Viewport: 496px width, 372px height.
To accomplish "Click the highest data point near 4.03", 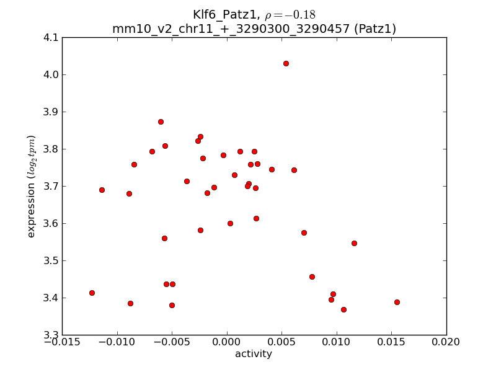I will coord(286,63).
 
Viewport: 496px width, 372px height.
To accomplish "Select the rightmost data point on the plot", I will coord(397,302).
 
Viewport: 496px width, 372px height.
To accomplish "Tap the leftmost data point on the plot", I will coord(92,293).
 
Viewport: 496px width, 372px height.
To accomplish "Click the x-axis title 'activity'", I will coord(254,355).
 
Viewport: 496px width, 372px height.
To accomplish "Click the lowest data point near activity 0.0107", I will coord(343,309).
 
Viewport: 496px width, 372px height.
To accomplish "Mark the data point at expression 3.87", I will coord(161,122).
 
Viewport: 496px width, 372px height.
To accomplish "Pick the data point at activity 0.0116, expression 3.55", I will coord(354,243).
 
